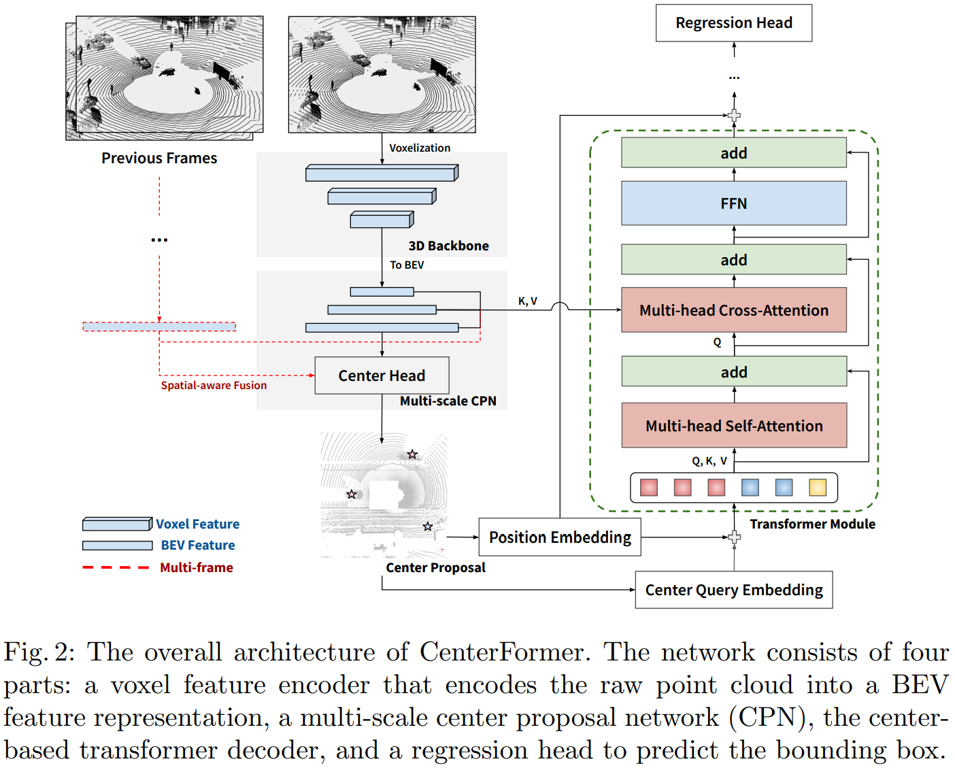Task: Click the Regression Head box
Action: pos(733,23)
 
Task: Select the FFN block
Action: pos(733,203)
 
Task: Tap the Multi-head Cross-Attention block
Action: pos(733,310)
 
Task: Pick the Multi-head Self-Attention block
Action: pos(733,426)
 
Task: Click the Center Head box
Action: pos(382,375)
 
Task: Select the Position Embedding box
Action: pos(560,537)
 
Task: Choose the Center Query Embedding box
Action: pos(733,590)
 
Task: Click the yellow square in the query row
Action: pos(817,487)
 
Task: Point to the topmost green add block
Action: pos(733,153)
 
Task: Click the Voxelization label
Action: pos(419,148)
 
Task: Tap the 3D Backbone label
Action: pos(448,246)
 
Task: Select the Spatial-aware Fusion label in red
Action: pos(214,386)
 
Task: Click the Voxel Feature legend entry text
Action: pos(197,524)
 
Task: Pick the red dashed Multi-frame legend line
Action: pos(116,567)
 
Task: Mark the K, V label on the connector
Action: pos(527,301)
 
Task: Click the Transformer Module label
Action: pos(812,524)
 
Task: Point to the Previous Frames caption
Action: pos(159,158)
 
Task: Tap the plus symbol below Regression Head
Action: pos(734,116)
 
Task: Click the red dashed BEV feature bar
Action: pos(159,327)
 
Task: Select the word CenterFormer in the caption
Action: pos(501,652)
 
